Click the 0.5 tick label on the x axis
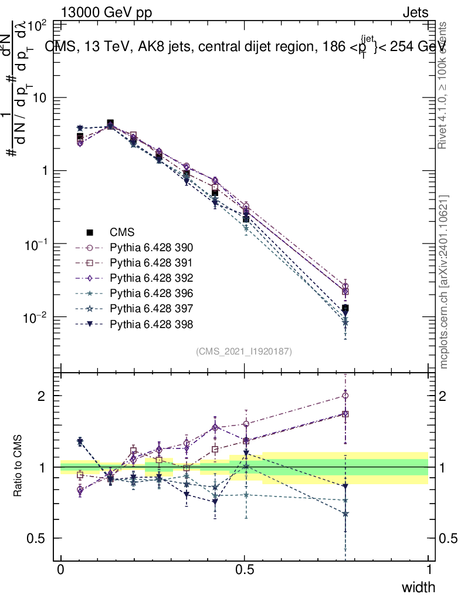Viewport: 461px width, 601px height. click(x=245, y=570)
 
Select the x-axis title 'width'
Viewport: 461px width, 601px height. click(x=418, y=587)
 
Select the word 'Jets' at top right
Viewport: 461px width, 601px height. click(x=415, y=12)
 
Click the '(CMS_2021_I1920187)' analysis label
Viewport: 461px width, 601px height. click(x=244, y=351)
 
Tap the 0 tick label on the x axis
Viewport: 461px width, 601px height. click(x=61, y=570)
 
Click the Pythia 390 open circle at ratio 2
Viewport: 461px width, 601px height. click(x=345, y=396)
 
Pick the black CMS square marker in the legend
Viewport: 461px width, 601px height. click(x=90, y=232)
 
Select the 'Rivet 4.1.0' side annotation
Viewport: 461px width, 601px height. click(x=444, y=85)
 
